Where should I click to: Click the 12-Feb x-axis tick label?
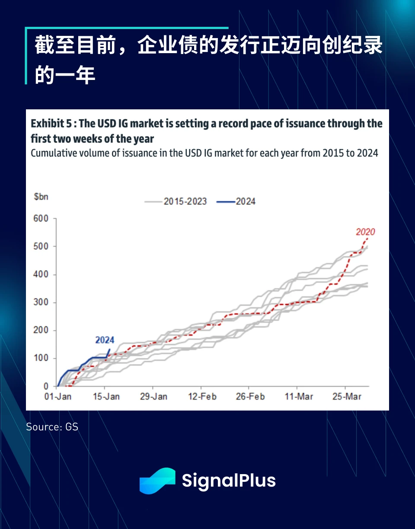point(202,397)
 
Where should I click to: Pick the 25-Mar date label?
point(347,397)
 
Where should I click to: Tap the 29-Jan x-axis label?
point(154,397)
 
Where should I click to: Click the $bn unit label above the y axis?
point(41,197)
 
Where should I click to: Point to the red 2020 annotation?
point(365,232)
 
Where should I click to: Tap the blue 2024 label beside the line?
point(105,341)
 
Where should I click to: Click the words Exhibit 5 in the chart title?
point(51,124)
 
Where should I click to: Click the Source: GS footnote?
point(52,427)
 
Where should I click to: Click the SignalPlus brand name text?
point(229,481)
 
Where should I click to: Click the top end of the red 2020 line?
point(367,238)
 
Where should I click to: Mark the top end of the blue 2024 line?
point(109,349)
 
